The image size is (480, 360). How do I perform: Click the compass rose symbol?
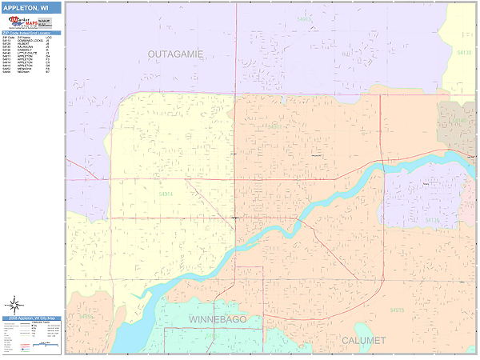tap(14, 304)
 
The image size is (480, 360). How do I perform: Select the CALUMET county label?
tap(363, 340)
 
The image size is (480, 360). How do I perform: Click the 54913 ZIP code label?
tap(304, 18)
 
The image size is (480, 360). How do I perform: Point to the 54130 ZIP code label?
tap(465, 52)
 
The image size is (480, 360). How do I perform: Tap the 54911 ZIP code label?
tap(274, 126)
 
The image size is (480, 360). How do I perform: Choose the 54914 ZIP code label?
tap(166, 194)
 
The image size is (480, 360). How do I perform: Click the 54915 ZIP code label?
tap(397, 309)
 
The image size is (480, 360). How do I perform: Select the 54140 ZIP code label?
tap(459, 121)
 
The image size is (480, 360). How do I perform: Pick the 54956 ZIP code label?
tap(86, 317)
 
